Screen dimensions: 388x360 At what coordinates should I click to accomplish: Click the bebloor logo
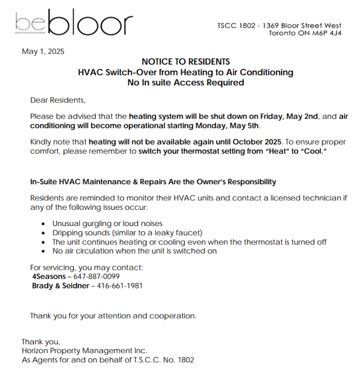[74, 23]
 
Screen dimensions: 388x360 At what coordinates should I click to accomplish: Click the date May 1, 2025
[43, 52]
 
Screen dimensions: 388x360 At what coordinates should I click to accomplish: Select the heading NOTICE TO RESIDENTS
[185, 62]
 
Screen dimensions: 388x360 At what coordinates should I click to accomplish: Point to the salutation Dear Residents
[58, 100]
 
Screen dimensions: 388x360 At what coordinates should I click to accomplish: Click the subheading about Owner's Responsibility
[153, 181]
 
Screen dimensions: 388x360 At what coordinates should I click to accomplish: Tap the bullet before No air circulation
[45, 251]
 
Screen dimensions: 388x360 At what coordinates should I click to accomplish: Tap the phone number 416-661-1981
[119, 285]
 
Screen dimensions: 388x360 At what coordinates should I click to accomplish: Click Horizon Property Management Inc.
[85, 350]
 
